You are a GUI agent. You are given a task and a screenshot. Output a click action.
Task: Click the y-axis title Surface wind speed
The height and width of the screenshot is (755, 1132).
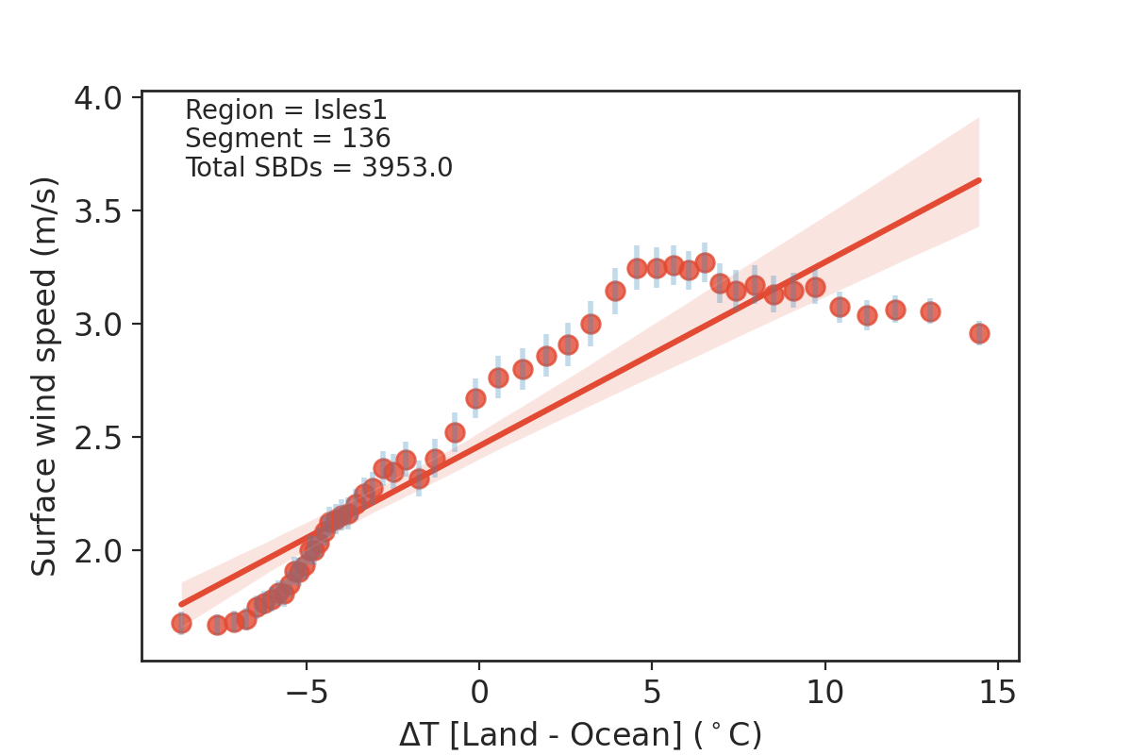(44, 376)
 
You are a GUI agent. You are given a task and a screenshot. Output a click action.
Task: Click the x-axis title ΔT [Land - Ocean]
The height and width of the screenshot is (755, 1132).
(579, 734)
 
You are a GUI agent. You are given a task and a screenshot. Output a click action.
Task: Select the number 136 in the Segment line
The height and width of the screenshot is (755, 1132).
(367, 139)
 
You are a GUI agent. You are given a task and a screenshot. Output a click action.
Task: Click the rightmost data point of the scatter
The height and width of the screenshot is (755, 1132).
(979, 333)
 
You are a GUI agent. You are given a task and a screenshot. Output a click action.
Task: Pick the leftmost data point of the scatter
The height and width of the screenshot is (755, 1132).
(181, 623)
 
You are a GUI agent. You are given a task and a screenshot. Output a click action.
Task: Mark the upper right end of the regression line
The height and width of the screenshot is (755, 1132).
(979, 179)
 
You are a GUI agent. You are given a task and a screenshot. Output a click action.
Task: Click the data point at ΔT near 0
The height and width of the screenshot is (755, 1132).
(475, 399)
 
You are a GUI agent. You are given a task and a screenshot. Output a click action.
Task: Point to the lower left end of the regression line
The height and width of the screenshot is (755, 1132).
(181, 604)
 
